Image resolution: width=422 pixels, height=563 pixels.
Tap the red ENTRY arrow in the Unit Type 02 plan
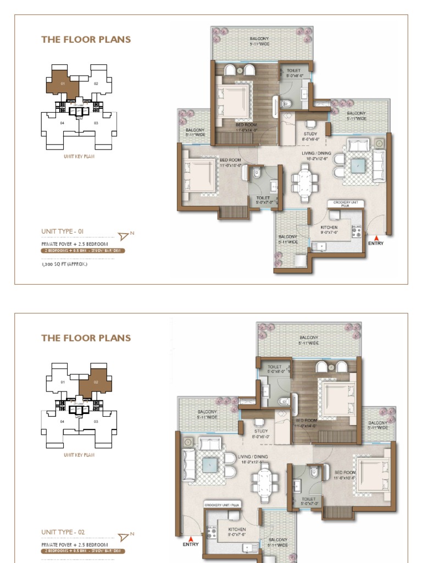point(190,538)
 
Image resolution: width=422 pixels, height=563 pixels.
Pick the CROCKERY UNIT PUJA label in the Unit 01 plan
point(346,203)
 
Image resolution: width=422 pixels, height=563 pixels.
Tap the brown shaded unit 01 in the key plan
point(62,82)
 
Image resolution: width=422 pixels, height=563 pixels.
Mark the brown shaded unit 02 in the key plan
point(95,383)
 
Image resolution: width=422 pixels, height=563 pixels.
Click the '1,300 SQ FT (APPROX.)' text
point(64,264)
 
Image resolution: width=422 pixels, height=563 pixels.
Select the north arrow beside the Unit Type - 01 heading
point(124,236)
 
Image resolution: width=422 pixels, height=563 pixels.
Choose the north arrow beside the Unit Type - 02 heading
point(124,536)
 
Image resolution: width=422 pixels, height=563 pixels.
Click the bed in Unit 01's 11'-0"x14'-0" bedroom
point(235,100)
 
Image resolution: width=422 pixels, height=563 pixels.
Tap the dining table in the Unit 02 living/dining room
point(265,478)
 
